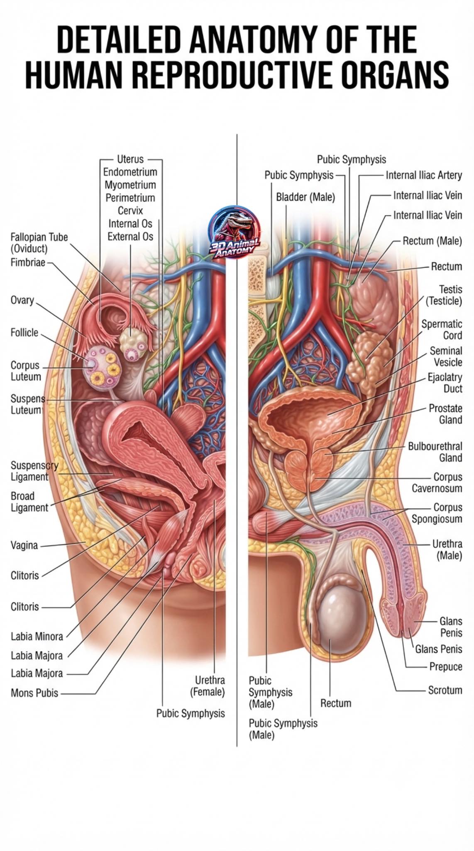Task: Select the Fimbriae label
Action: point(28,263)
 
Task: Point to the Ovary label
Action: point(22,300)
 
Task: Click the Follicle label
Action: point(24,332)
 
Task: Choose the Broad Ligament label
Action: point(29,502)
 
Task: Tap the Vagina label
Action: point(24,545)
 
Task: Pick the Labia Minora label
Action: point(37,636)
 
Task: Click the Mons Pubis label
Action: point(34,693)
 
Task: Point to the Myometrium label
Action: point(130,185)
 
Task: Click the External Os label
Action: point(130,236)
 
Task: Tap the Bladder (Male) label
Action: point(305,197)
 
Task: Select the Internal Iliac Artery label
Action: point(424,175)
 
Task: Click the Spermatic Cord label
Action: point(442,330)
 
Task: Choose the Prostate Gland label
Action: point(445,414)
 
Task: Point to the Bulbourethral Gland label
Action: point(435,452)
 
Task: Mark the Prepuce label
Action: point(446,667)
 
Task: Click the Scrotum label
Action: point(445,690)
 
